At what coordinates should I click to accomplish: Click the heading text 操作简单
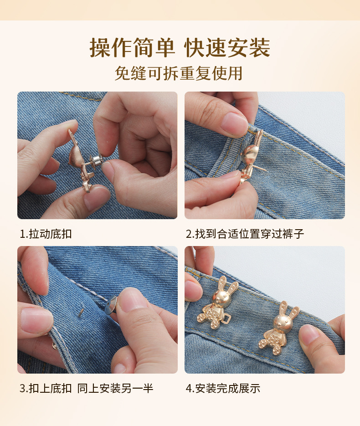point(132,48)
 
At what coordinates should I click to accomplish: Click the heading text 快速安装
point(227,48)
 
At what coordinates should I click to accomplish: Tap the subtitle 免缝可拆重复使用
point(179,73)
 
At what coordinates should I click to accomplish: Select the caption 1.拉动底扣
point(46,234)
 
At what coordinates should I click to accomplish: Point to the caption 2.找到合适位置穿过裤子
point(245,234)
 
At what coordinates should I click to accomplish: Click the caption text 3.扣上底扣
point(46,389)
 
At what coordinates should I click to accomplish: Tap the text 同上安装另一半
point(115,389)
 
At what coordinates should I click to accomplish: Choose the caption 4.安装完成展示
point(223,389)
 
